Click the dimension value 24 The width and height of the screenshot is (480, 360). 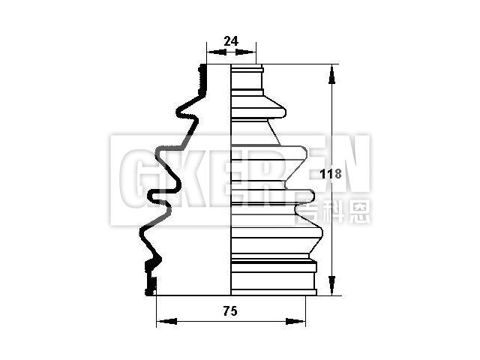231,42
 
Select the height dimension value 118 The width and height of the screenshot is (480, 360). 331,174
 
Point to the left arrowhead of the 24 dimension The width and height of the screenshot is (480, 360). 210,52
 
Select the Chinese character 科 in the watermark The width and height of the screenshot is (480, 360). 335,212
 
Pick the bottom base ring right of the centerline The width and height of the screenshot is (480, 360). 273,277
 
